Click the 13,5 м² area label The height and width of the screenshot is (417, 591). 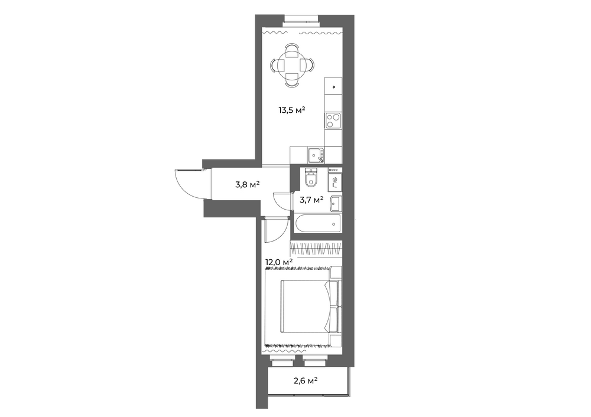point(292,110)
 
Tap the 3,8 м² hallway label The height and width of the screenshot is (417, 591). point(247,185)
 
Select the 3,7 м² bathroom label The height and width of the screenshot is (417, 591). point(311,200)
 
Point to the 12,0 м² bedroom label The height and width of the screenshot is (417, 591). point(280,262)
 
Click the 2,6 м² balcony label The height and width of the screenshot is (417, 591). point(306,380)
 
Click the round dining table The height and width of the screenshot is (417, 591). point(292,66)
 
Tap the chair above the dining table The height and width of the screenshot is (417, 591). point(292,50)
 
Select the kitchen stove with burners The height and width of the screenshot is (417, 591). point(333,121)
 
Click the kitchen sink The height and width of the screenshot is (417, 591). point(316,155)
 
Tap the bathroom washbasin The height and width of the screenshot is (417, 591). point(336,204)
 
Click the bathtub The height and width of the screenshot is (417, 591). point(318,224)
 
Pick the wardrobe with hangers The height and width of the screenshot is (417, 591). point(316,249)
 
